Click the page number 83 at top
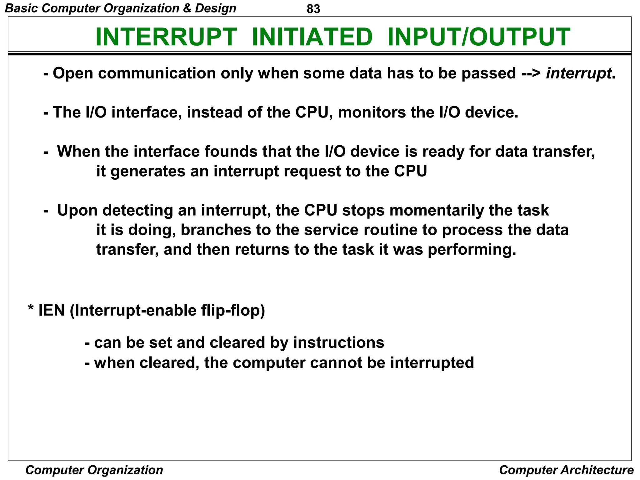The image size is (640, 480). tap(313, 9)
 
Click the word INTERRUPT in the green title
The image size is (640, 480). tap(166, 37)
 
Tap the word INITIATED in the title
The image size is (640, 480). tap(312, 37)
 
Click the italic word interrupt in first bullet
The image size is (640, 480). tap(578, 73)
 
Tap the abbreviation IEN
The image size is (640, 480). tap(51, 311)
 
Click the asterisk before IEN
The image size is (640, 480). tap(31, 309)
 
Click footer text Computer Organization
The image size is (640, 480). tap(94, 470)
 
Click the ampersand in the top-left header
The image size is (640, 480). tap(187, 8)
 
